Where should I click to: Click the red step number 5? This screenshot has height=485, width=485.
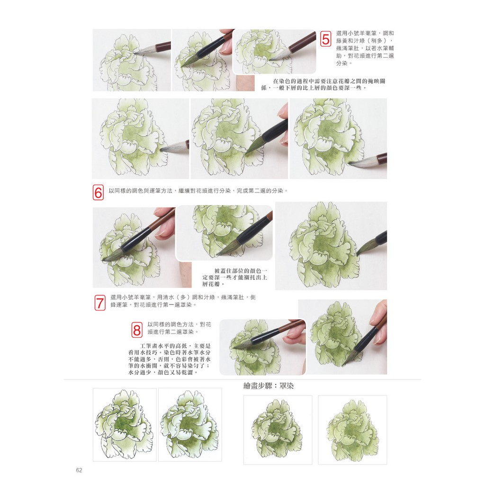point(325,39)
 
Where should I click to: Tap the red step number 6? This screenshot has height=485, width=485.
point(98,192)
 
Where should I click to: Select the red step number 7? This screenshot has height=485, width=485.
point(99,303)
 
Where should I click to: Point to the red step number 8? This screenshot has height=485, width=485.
point(137,330)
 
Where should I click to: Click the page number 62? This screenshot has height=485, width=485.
point(79,470)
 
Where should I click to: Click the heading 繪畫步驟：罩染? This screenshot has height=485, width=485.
point(269,386)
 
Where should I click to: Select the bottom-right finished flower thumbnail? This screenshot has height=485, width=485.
point(352,430)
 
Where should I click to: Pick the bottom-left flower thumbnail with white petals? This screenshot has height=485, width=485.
point(125,425)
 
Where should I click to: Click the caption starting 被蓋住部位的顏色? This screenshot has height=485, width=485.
point(235,278)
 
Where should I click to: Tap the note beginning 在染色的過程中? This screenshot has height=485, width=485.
point(323,84)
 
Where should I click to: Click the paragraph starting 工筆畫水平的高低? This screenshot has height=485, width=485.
point(169,359)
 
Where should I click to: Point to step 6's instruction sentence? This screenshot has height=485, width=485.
point(198,191)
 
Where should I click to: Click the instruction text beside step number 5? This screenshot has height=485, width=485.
point(365,48)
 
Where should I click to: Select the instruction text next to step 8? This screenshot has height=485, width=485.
point(179,328)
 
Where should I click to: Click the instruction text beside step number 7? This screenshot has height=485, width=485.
point(183,301)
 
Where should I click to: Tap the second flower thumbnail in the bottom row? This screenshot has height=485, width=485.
point(190,425)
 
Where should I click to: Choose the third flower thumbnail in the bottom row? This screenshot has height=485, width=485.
point(278,430)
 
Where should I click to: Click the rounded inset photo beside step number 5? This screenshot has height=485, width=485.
point(274,52)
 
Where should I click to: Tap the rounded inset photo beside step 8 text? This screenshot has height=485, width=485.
point(262,347)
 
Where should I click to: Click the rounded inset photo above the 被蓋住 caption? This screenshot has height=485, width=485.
point(224,233)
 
